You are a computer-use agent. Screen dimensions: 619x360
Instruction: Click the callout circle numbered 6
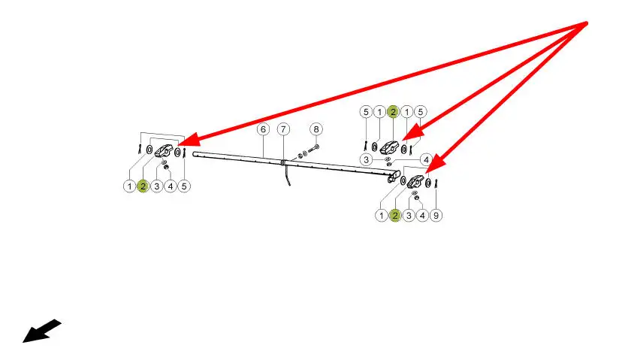[x=263, y=129]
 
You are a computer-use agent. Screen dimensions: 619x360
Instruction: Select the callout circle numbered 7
[x=283, y=129]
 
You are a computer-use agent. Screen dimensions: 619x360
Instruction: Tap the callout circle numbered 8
[x=316, y=129]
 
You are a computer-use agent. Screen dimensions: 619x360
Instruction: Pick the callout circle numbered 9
[x=436, y=216]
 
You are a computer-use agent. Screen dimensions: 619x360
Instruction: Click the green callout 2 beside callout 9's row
[x=394, y=216]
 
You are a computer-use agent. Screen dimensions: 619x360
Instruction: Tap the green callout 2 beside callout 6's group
[x=143, y=186]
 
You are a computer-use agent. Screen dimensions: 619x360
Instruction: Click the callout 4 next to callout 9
[x=422, y=216]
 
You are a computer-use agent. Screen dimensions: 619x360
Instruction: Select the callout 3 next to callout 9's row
[x=409, y=216]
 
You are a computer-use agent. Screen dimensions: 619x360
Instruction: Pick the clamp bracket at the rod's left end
[x=164, y=153]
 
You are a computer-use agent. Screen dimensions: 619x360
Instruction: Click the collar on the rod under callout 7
[x=282, y=162]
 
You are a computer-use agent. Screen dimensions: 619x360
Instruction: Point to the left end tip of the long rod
[x=195, y=155]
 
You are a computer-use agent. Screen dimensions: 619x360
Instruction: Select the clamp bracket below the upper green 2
[x=389, y=147]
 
